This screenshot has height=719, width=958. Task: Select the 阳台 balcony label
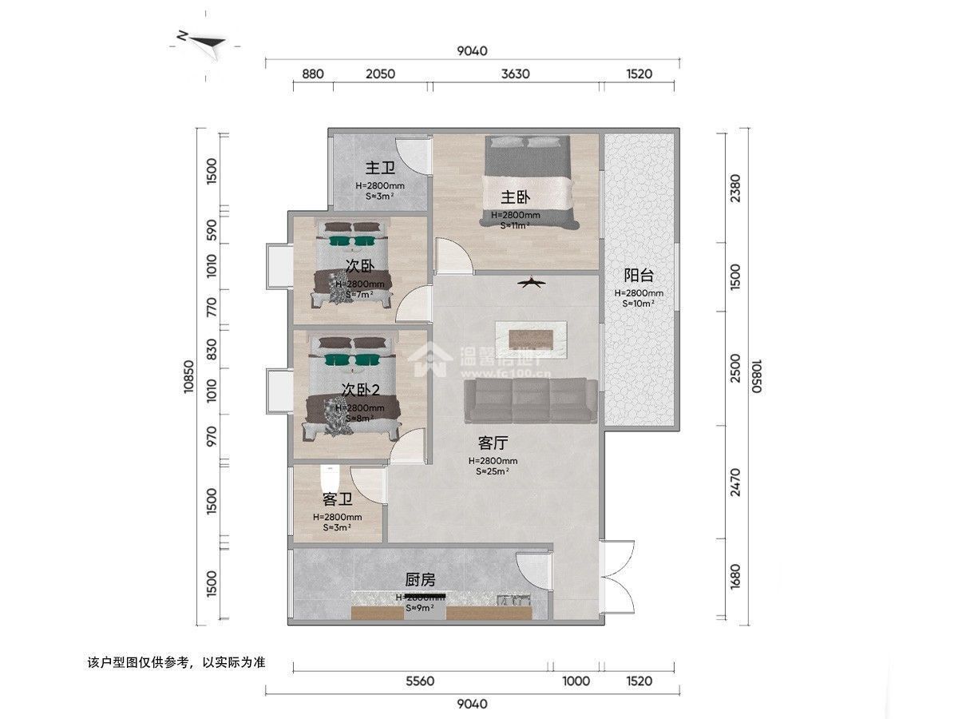point(639,276)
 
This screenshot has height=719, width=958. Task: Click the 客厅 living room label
point(493,443)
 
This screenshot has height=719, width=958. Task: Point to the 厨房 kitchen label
point(420,580)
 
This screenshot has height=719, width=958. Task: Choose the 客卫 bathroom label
point(338,499)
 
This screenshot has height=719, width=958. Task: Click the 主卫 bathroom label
point(380,168)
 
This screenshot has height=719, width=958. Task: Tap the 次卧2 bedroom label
point(360,389)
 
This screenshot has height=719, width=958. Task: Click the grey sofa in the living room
point(531,401)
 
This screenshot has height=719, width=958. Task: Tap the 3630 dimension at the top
point(516,74)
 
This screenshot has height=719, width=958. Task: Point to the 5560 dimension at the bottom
point(420,681)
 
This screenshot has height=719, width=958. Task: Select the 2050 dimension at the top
point(381,74)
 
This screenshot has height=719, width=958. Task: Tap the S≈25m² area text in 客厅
point(493,471)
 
